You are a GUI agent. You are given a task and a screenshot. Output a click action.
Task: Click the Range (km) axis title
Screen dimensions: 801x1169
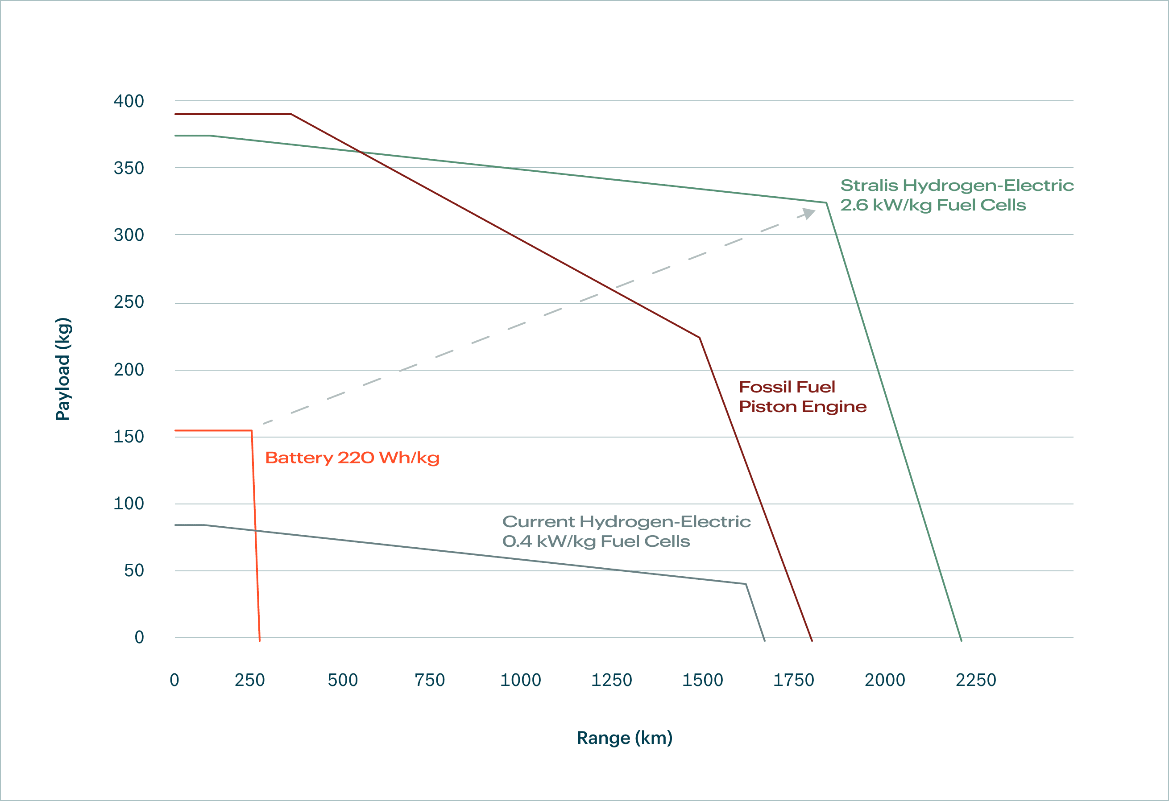(x=624, y=738)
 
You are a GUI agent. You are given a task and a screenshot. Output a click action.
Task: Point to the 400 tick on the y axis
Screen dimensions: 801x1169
(x=129, y=101)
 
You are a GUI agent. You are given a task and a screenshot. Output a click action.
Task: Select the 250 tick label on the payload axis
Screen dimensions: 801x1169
(x=129, y=301)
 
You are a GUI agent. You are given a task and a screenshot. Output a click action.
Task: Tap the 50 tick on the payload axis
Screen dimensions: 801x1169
(x=134, y=570)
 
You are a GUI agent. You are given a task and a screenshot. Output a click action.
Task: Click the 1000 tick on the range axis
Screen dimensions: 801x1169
(x=520, y=680)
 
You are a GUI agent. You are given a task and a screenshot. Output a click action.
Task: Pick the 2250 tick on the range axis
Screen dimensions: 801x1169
(x=975, y=680)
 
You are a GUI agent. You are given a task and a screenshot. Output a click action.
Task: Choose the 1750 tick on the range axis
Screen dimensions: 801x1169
(x=793, y=680)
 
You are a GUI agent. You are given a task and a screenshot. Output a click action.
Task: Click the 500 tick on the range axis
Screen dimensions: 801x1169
(x=343, y=680)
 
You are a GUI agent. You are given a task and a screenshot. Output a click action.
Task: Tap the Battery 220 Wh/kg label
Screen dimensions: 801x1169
(x=352, y=458)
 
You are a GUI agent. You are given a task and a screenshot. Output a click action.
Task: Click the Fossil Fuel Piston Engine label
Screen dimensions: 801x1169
(x=802, y=397)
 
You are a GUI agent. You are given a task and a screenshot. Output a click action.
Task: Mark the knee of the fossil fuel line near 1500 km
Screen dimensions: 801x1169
(x=699, y=338)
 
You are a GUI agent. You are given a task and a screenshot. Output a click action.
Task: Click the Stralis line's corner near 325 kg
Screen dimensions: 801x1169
(x=826, y=202)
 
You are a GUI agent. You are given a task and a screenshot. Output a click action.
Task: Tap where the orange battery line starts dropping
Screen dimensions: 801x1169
(x=252, y=431)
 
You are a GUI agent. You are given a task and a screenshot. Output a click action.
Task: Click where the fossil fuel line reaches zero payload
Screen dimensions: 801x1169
(x=811, y=640)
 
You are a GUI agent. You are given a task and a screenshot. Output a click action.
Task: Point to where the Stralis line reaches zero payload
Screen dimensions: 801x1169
(x=961, y=640)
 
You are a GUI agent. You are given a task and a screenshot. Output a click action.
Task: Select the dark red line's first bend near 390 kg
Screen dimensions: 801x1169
(x=291, y=114)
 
